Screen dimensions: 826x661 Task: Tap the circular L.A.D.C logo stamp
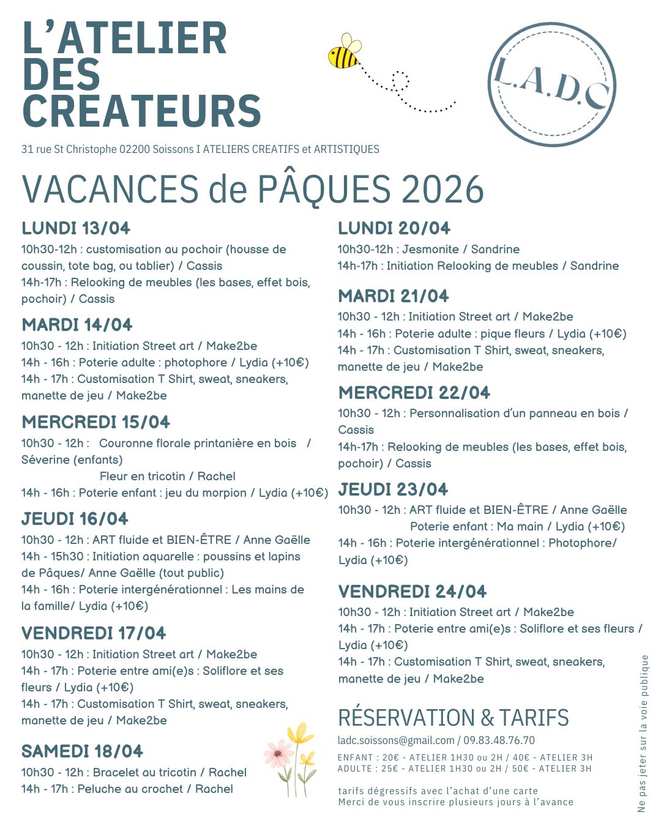click(x=551, y=84)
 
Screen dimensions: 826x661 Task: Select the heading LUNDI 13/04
click(x=76, y=228)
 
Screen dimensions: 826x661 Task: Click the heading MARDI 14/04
click(x=77, y=325)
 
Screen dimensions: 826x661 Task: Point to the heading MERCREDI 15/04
click(x=95, y=422)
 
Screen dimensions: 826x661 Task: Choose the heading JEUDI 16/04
click(x=75, y=519)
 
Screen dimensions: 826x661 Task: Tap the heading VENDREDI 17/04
click(x=94, y=633)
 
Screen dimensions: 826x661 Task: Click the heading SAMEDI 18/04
click(x=82, y=751)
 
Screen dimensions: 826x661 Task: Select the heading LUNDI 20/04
click(x=394, y=228)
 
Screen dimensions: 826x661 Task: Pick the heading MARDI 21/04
click(x=394, y=296)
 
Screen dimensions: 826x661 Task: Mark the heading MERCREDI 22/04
click(x=414, y=393)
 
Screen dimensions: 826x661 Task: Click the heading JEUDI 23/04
click(x=393, y=489)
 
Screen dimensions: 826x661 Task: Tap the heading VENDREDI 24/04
click(x=413, y=592)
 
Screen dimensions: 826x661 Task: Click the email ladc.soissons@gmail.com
click(x=396, y=740)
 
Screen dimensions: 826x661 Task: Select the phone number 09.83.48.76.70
click(x=499, y=740)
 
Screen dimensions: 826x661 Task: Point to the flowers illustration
click(x=291, y=759)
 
